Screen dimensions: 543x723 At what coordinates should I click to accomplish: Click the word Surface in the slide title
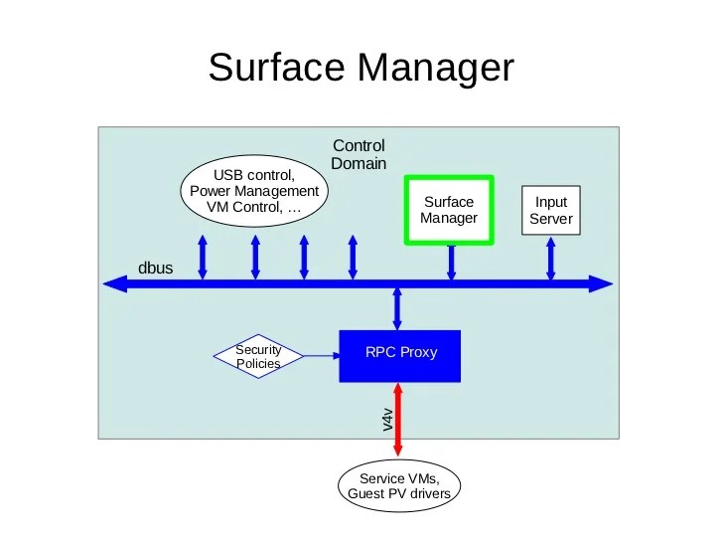coord(277,69)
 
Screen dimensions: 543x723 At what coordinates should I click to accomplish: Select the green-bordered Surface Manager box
coord(449,210)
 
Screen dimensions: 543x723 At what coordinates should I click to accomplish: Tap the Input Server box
coord(551,210)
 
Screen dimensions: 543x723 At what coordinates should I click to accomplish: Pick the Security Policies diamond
coord(258,356)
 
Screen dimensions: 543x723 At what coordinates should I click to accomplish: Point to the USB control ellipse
coord(254,191)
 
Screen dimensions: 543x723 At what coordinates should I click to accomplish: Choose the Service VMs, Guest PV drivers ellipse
coord(400,485)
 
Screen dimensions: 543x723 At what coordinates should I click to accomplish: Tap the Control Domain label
coord(359,154)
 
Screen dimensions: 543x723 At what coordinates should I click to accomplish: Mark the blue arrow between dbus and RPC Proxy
coord(398,308)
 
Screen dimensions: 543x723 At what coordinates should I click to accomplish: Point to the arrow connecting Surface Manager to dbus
coord(450,263)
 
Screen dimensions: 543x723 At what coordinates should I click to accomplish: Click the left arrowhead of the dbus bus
coord(115,284)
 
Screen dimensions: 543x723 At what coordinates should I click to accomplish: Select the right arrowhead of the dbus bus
coord(603,284)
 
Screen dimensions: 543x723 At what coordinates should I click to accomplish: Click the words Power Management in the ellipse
coord(254,191)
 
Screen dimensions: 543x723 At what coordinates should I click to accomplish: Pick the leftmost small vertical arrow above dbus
coord(203,257)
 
